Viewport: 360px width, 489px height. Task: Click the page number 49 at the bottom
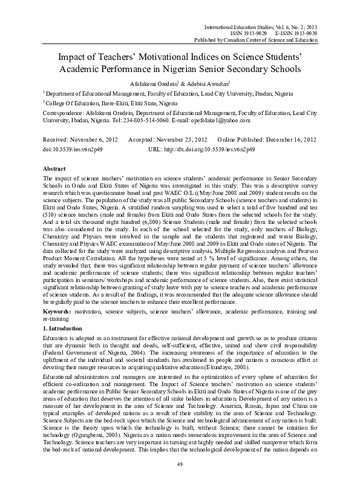point(180,481)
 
